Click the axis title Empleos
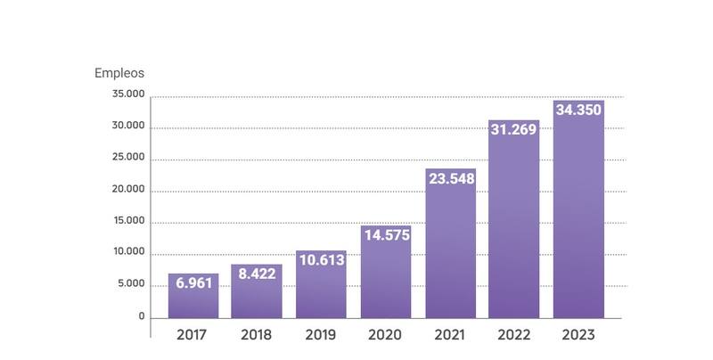pos(119,73)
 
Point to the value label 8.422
pos(257,274)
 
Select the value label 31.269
pos(514,130)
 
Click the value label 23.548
pos(450,179)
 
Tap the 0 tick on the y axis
pos(141,315)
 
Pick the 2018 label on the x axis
pos(257,335)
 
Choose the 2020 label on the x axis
pos(386,335)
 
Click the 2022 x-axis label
pos(514,335)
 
